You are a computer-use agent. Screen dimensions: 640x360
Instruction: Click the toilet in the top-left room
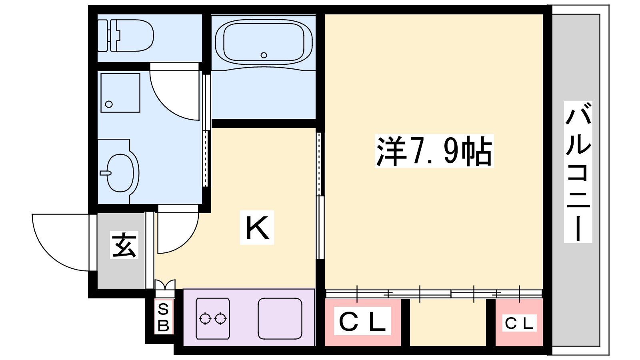click(x=126, y=36)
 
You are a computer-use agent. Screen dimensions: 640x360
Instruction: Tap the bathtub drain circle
click(x=264, y=55)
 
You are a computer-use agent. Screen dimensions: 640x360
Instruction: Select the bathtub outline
click(x=264, y=42)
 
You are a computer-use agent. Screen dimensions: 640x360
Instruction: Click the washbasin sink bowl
click(x=120, y=173)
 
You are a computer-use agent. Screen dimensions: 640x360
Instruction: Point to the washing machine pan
click(x=120, y=93)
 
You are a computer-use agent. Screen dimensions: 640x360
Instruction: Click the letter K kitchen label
click(x=257, y=228)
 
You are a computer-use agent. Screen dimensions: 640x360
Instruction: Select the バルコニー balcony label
click(x=578, y=172)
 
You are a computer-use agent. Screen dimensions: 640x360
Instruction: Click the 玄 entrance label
click(x=124, y=245)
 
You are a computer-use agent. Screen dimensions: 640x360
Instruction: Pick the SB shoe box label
click(x=164, y=317)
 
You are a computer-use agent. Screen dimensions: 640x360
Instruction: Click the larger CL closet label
click(x=362, y=321)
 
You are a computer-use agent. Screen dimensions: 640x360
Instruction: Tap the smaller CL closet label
click(x=519, y=323)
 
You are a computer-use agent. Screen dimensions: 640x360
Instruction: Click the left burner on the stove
click(x=205, y=318)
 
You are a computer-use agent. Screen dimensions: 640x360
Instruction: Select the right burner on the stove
click(x=220, y=318)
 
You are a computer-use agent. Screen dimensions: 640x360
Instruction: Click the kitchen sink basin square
click(x=280, y=318)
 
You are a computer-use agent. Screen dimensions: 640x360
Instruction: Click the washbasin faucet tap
click(x=106, y=173)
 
